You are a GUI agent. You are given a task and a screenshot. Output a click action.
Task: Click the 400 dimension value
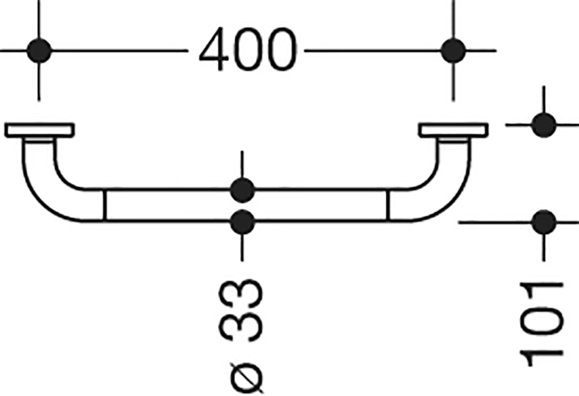click(248, 49)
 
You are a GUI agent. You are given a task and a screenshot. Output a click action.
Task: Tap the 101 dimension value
click(542, 324)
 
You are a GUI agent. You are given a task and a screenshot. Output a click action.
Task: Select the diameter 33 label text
click(241, 336)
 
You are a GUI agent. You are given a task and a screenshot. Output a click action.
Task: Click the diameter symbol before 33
click(246, 378)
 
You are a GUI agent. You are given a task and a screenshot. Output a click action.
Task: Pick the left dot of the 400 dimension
click(39, 51)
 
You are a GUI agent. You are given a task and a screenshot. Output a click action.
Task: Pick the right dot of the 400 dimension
click(453, 51)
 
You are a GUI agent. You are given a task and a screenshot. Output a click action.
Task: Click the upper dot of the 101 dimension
click(543, 125)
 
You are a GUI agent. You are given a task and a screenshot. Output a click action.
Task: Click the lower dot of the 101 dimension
click(543, 222)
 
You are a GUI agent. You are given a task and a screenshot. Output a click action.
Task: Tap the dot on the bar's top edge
click(242, 190)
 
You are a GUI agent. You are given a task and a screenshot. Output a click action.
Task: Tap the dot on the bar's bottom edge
click(242, 222)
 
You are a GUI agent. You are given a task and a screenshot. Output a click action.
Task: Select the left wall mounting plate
click(39, 130)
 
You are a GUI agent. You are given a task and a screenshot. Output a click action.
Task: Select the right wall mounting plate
click(453, 130)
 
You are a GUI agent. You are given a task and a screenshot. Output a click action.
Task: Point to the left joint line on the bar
click(105, 206)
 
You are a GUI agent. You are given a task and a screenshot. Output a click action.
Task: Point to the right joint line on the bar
click(388, 206)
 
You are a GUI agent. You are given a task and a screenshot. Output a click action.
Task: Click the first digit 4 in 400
click(213, 49)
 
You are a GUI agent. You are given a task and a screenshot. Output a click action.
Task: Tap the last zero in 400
click(282, 49)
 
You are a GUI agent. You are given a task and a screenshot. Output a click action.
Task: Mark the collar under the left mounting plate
click(39, 140)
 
